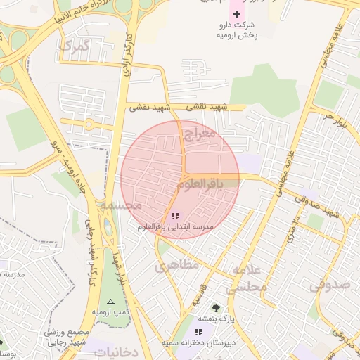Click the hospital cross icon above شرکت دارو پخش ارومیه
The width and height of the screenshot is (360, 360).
tap(236, 14)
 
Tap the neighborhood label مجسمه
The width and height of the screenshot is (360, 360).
tap(121, 205)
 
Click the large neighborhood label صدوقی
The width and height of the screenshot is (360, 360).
tap(330, 285)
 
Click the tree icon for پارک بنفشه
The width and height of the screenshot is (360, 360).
tap(216, 307)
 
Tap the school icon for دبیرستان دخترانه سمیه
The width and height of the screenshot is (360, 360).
tap(198, 331)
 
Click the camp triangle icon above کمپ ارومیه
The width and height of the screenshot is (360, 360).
tap(110, 300)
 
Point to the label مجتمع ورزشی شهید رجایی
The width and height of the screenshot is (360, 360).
tap(65, 337)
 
